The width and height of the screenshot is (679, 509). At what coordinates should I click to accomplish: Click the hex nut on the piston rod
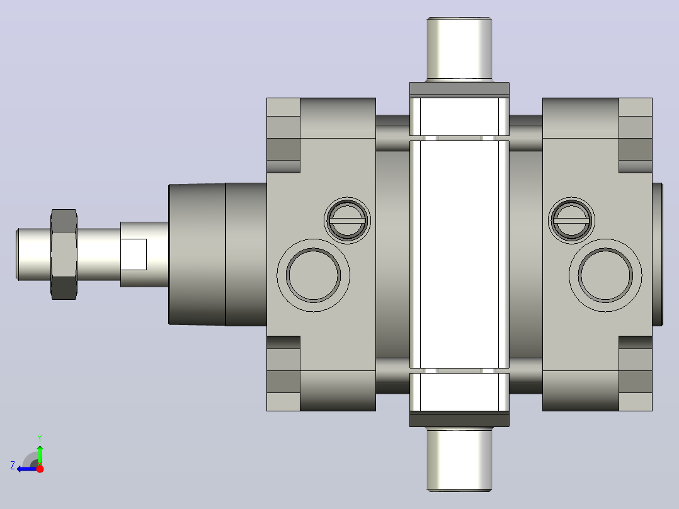64,254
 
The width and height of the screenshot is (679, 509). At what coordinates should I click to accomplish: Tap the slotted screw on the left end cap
347,220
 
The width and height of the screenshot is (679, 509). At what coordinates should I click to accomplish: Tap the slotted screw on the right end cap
572,220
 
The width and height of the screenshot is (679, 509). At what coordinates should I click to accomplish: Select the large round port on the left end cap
314,275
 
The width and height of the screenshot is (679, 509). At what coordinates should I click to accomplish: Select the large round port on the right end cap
605,275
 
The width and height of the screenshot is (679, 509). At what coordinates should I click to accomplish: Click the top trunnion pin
459,49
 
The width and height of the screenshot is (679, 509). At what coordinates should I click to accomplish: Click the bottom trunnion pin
459,459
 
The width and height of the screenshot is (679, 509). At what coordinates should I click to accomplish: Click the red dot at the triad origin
40,469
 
